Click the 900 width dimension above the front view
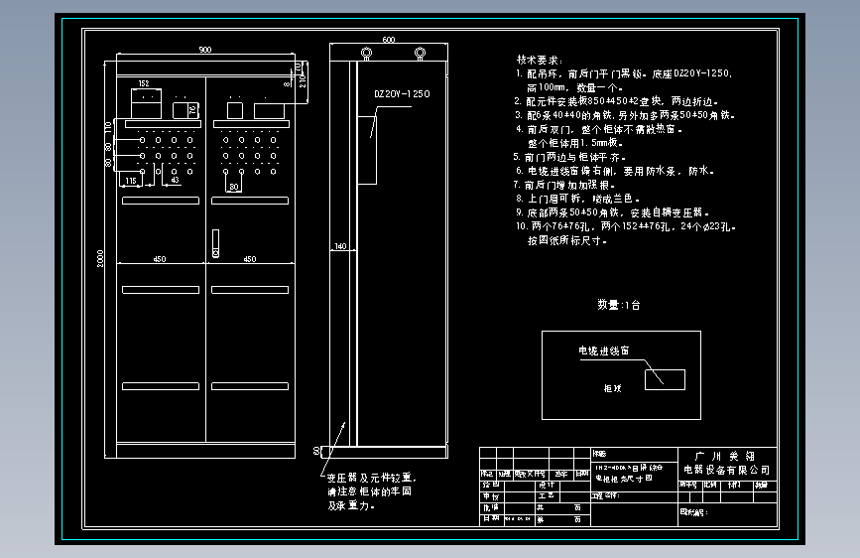204,50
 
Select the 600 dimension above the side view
388,40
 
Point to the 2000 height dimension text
101,258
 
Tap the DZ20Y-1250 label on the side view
401,94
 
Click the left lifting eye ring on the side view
365,53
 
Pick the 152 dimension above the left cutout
144,84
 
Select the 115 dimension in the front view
130,181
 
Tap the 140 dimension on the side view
339,246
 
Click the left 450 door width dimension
158,259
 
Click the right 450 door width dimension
250,259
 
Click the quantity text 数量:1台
618,305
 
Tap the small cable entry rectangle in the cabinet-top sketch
665,379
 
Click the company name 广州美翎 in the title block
726,454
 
